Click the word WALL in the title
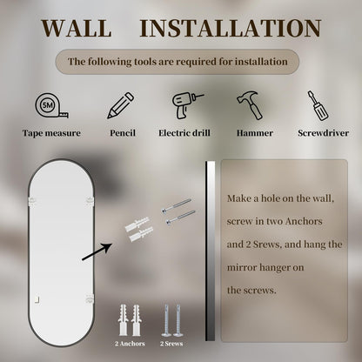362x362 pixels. pyautogui.click(x=77, y=28)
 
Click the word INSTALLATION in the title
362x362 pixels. pyautogui.click(x=231, y=28)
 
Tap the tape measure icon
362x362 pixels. pyautogui.click(x=52, y=105)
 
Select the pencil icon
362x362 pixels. pyautogui.click(x=121, y=105)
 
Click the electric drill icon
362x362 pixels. pyautogui.click(x=187, y=105)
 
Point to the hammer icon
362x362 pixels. pyautogui.click(x=251, y=105)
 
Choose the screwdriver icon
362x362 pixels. pyautogui.click(x=318, y=105)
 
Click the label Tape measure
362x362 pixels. pyautogui.click(x=51, y=133)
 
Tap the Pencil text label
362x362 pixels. pyautogui.click(x=123, y=133)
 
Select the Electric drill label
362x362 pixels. pyautogui.click(x=184, y=133)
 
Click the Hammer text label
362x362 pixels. pyautogui.click(x=255, y=133)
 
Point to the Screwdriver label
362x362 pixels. pyautogui.click(x=323, y=133)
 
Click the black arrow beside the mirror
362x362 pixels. pyautogui.click(x=97, y=251)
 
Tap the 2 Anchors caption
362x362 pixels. pyautogui.click(x=130, y=344)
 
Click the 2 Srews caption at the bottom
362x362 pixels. pyautogui.click(x=171, y=344)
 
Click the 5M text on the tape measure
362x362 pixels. pyautogui.click(x=47, y=105)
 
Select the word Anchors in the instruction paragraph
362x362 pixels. pyautogui.click(x=304, y=221)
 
